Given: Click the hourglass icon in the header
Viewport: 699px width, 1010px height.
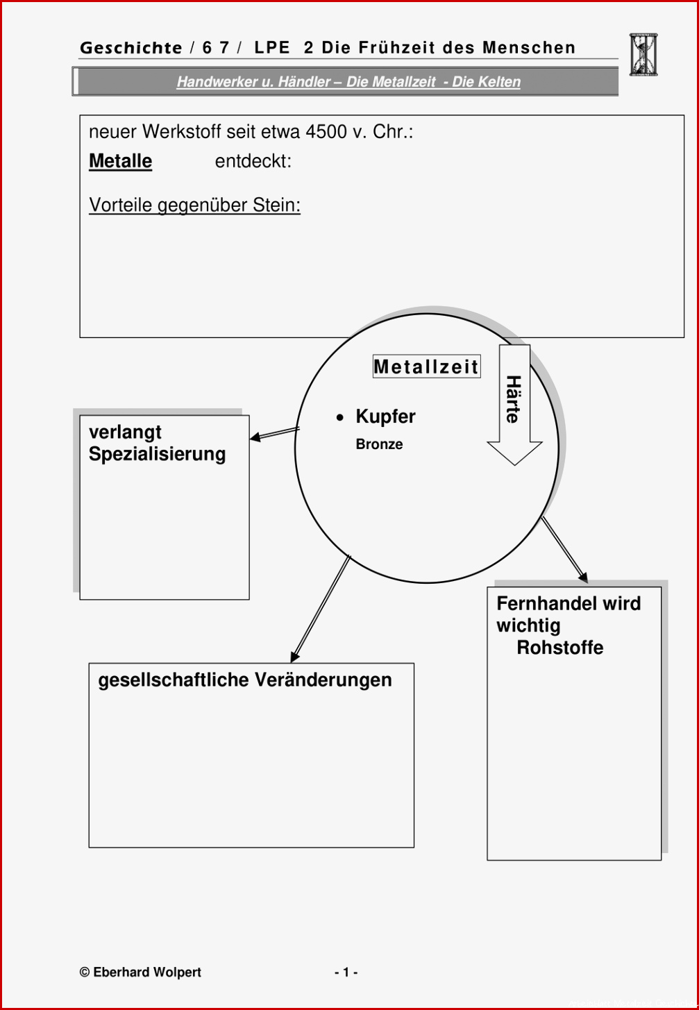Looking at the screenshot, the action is [x=643, y=55].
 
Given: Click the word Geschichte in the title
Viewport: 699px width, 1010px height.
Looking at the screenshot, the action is [x=131, y=48].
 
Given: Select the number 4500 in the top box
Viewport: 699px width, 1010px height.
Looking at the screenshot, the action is [x=326, y=132].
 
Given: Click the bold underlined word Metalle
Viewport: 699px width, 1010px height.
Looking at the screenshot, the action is [x=120, y=161].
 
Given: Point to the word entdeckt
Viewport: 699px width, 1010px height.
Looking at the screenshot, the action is [x=253, y=161].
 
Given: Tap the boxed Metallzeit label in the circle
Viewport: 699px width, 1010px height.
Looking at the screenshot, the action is [x=426, y=366].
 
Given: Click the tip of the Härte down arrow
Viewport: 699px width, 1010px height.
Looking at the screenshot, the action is [x=514, y=465].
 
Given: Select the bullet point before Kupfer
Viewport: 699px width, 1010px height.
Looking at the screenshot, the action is [x=340, y=418].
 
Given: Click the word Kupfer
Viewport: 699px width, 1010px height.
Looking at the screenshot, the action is [x=385, y=416].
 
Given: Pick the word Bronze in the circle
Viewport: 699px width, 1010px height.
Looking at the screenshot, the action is [x=379, y=444].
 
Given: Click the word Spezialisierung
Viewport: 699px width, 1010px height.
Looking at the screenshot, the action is [x=157, y=454].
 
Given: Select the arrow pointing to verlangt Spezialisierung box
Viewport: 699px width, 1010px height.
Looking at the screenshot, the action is [x=274, y=433].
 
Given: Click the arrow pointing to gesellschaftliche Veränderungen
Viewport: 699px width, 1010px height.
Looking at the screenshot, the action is [x=320, y=609].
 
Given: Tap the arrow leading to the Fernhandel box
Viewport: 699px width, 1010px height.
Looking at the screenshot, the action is [x=564, y=550].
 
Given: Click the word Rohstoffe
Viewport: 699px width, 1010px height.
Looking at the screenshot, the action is [x=560, y=648].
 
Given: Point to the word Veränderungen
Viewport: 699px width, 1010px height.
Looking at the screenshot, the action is [x=323, y=680].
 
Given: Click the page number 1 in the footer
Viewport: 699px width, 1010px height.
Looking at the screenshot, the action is [x=346, y=972].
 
